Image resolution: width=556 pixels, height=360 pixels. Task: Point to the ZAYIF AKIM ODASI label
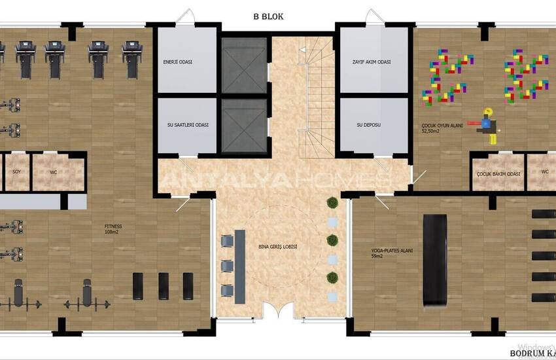(371, 63)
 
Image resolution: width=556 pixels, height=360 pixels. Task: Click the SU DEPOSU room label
(368, 124)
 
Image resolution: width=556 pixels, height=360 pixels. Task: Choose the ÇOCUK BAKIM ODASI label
(498, 173)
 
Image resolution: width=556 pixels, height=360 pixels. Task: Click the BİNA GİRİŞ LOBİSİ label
(278, 246)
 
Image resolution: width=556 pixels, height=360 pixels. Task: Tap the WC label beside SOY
(54, 173)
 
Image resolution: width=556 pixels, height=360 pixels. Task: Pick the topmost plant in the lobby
(332, 203)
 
